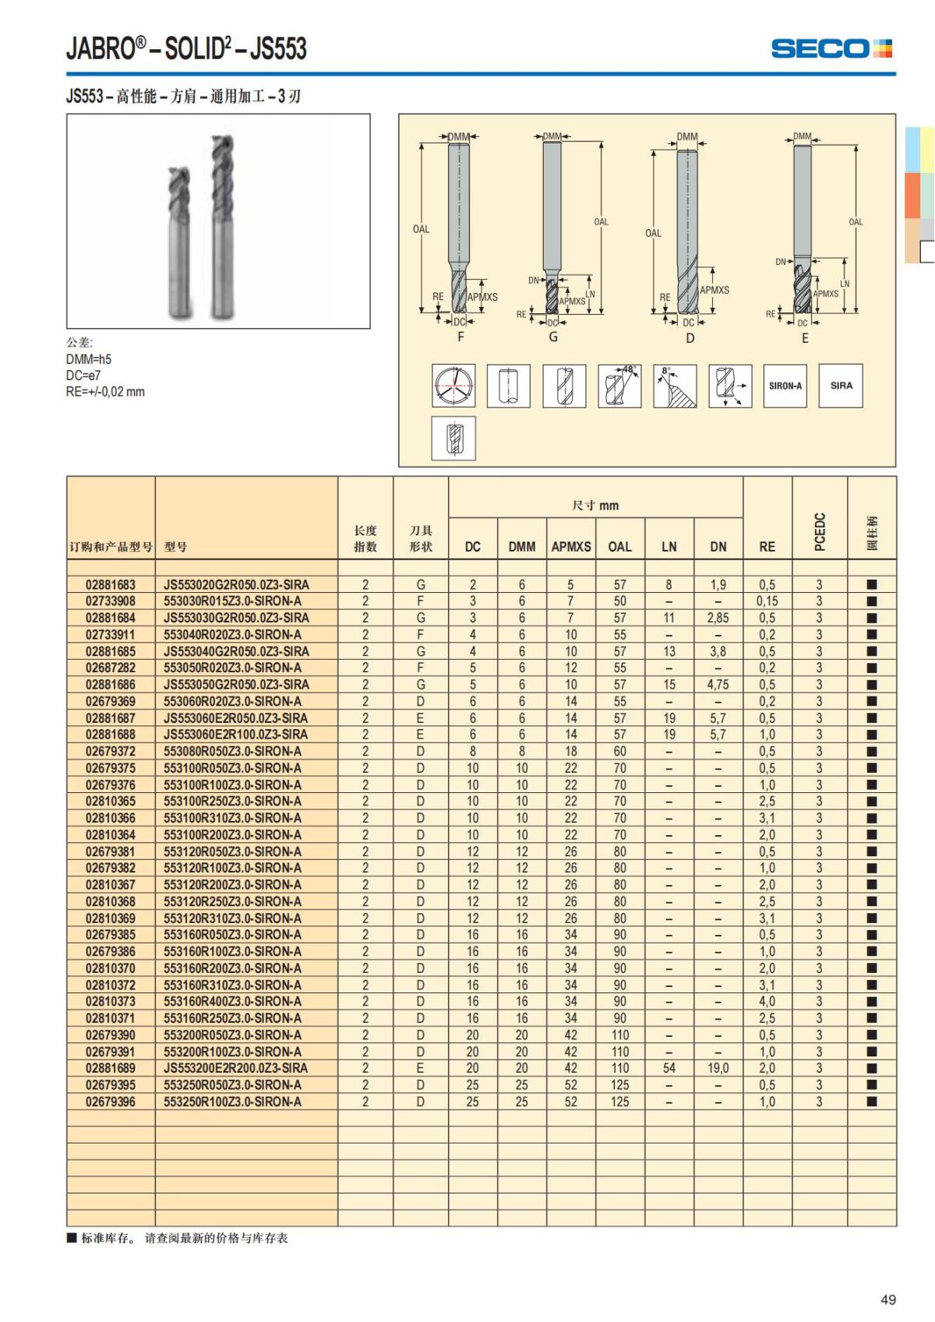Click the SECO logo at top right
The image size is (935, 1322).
coord(831,48)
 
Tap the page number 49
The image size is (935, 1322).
coord(887,1299)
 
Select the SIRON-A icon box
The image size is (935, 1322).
coord(785,386)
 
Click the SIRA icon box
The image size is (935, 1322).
coord(841,386)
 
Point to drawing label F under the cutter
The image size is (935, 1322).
coord(460,337)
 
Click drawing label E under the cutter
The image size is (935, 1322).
coord(805,338)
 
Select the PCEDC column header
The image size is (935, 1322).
coord(819,531)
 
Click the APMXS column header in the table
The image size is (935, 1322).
coord(571,547)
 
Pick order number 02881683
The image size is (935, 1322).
coord(111,584)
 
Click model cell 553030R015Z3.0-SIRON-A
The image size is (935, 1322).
coord(232,601)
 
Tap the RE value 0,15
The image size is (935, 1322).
coord(767,601)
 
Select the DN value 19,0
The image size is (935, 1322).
coord(718,1068)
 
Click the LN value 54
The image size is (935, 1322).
coord(669,1068)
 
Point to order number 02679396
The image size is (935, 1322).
coord(111,1102)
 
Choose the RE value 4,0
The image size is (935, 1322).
coord(767,1001)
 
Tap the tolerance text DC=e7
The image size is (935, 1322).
coord(83,375)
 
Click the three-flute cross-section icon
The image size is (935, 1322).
coord(453,386)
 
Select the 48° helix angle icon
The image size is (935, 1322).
coord(619,386)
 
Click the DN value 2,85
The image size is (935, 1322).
coord(718,618)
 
